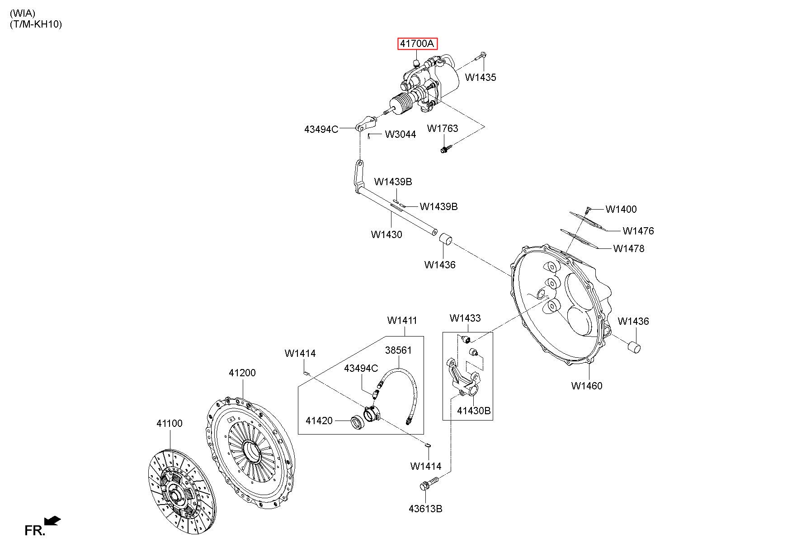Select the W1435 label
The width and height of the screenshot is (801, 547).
coord(481,77)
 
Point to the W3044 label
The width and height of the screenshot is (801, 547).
coord(400,134)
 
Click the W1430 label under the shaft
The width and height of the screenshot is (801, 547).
coord(386,234)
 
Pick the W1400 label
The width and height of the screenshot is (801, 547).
coord(621,209)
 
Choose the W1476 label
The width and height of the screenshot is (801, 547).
coord(638,231)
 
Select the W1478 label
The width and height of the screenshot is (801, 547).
coord(629,248)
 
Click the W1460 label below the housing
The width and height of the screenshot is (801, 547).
coord(587,386)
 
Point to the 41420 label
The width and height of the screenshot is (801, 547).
coord(319,421)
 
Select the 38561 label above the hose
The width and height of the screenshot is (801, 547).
coord(399,350)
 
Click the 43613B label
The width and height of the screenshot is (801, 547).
coord(425,509)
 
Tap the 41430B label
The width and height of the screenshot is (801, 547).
coord(474,411)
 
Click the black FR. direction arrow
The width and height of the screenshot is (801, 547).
coord(53,521)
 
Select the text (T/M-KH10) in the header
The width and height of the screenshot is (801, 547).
coord(36,24)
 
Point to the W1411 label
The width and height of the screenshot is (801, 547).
coord(402,320)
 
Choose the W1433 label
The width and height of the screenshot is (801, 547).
coord(465,318)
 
